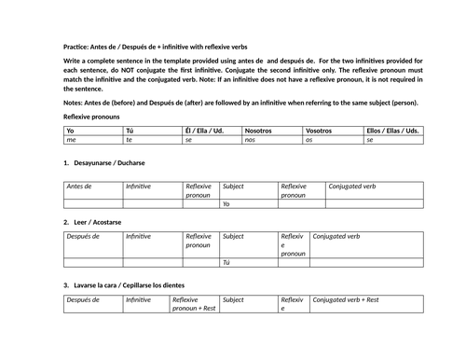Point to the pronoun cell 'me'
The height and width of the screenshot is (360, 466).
coord(70,139)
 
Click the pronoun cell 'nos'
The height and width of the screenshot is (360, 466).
coord(250,139)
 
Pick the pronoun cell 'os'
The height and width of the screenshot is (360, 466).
coord(309,139)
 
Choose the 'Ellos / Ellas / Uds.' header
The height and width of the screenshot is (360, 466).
coord(391,131)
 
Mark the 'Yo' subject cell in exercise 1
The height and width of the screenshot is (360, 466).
coord(226,203)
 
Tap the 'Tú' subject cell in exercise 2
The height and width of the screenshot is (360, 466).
coord(226,263)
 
